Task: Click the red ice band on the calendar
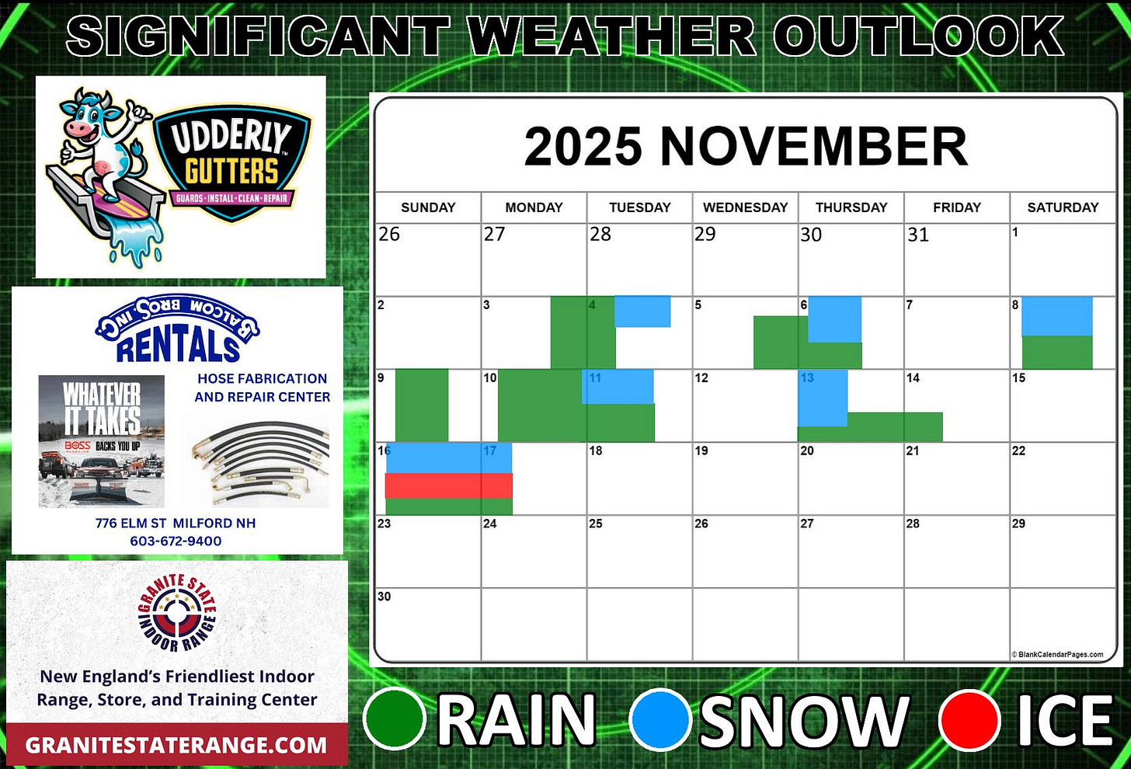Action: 449,485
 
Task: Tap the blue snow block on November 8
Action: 1056,316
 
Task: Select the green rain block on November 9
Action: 422,405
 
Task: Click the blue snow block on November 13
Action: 823,398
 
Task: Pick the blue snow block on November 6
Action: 834,319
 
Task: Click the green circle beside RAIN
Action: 395,720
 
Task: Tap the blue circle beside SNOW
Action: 660,720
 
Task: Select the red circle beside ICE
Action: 969,720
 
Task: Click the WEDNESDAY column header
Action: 745,207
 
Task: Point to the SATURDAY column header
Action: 1063,207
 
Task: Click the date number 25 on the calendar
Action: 596,524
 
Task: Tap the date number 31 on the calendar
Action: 918,235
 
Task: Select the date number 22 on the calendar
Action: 1018,451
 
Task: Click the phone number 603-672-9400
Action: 176,541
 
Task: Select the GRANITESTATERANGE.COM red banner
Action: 176,745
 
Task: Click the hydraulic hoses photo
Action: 257,460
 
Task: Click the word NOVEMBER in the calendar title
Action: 813,146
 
